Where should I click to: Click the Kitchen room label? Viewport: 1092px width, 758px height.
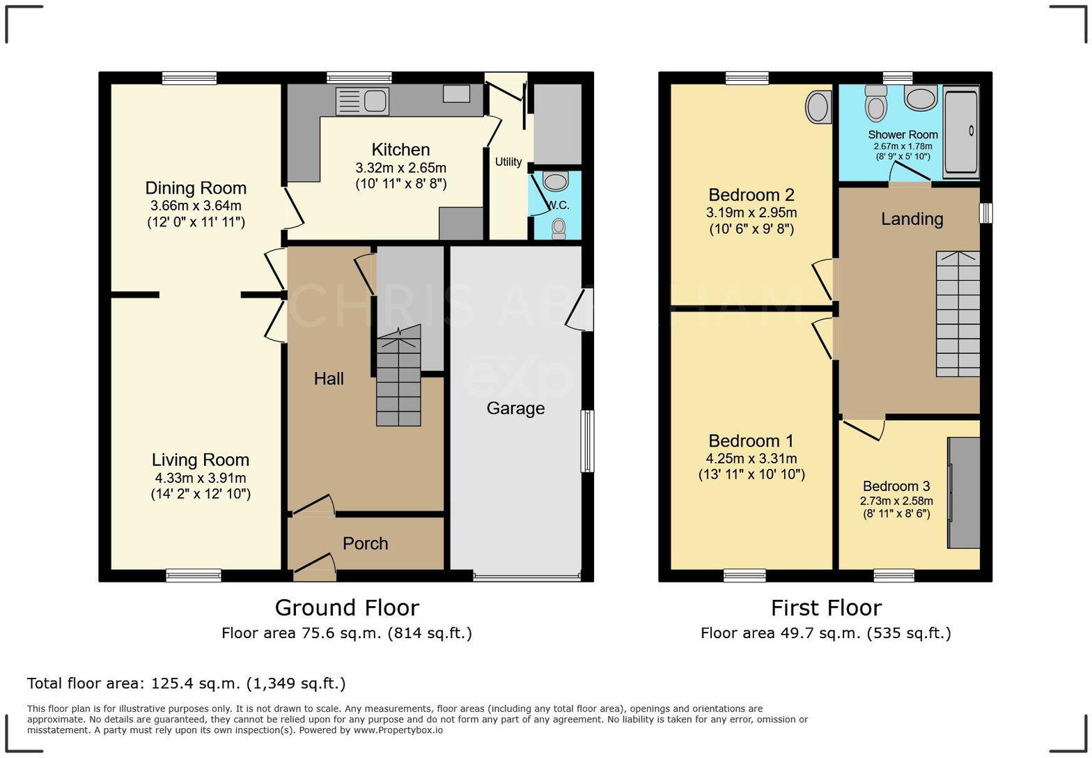tap(400, 149)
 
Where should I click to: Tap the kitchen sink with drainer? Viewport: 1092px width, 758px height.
tap(362, 102)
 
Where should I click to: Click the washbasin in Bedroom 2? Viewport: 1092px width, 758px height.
tap(818, 107)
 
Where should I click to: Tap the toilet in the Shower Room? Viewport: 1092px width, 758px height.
tap(876, 103)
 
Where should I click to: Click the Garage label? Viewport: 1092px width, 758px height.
tap(515, 408)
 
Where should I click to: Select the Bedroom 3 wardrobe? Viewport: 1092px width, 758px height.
tap(963, 493)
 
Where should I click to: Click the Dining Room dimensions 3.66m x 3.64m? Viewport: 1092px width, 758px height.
tap(196, 206)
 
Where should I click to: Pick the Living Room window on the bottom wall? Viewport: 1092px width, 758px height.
tap(194, 575)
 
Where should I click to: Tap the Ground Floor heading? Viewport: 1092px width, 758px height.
tap(347, 608)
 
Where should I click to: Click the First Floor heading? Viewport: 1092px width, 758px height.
tap(826, 608)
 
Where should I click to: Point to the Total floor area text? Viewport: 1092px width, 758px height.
tap(186, 683)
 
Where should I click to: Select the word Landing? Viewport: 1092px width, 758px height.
tap(912, 219)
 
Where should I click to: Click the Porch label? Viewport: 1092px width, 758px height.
tap(365, 543)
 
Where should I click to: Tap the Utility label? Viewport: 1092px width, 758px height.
tap(508, 162)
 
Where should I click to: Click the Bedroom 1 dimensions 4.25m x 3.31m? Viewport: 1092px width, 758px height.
tap(751, 458)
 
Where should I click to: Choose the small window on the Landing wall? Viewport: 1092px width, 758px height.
tap(985, 212)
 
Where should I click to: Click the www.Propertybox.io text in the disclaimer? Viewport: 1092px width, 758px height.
tap(398, 730)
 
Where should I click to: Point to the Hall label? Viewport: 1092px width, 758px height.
tap(329, 378)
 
